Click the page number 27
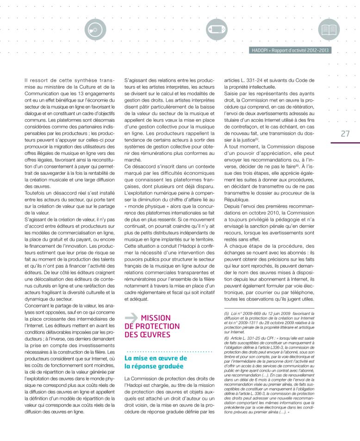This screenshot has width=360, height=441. [x=345, y=134]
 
